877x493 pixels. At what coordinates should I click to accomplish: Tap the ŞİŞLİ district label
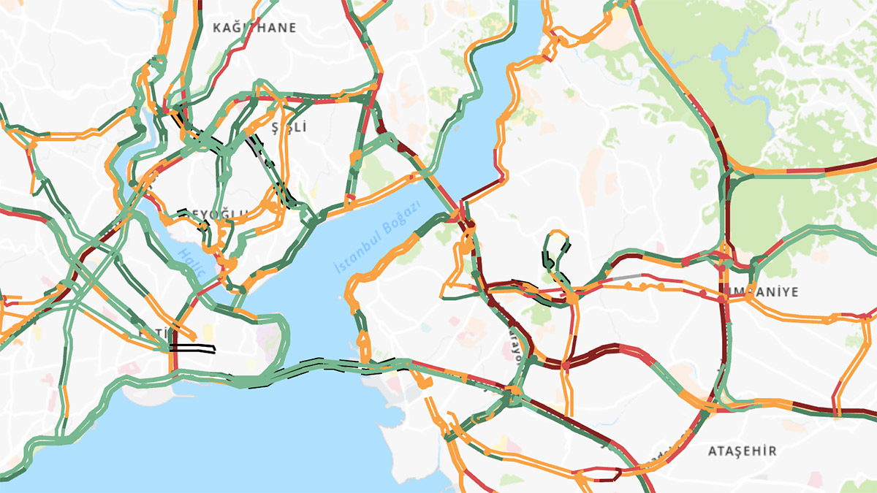coord(289,128)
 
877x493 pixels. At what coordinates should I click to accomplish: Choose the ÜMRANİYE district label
coord(760,291)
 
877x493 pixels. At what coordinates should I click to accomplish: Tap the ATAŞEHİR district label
coord(742,451)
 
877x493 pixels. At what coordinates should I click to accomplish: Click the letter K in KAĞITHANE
coord(216,28)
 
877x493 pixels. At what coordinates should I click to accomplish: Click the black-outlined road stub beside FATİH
coord(194,349)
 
